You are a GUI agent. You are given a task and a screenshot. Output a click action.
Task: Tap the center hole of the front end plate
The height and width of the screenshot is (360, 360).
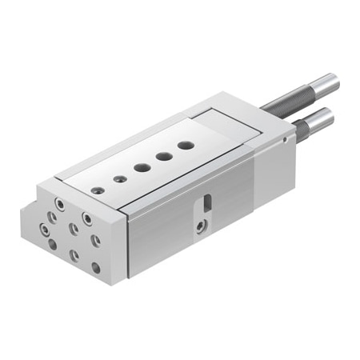click(x=74, y=229)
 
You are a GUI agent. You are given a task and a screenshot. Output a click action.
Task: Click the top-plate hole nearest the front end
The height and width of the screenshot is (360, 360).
click(x=98, y=190)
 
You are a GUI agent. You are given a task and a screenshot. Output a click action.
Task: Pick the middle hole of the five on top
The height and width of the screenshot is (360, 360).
click(x=142, y=168)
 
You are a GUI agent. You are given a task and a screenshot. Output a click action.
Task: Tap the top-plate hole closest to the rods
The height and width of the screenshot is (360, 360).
click(x=186, y=146)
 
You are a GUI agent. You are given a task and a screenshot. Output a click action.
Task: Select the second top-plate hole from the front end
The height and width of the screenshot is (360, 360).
click(x=119, y=179)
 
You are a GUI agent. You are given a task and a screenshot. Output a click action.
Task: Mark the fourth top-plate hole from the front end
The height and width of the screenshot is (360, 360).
click(x=163, y=157)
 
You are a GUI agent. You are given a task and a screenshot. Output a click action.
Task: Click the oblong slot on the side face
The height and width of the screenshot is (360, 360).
click(x=206, y=203)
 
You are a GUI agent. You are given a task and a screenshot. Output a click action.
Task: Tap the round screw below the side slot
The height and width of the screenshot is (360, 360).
click(x=200, y=227)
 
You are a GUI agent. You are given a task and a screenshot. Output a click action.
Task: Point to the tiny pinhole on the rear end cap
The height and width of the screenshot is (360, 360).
click(x=285, y=139)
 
